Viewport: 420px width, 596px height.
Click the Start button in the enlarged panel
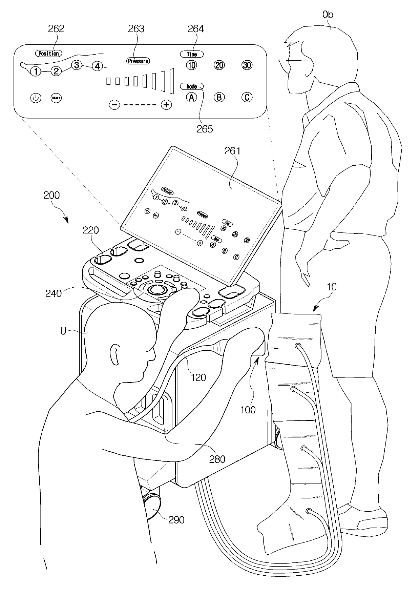[56, 98]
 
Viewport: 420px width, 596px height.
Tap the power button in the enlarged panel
[36, 98]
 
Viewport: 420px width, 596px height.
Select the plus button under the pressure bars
[166, 105]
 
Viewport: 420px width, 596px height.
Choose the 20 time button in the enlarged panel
[219, 65]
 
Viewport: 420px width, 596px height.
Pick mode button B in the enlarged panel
[219, 98]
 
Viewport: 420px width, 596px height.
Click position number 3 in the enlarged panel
[77, 65]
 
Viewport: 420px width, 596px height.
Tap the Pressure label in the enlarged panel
[138, 61]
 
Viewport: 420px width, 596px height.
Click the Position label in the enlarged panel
[49, 53]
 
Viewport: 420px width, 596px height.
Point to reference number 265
[205, 129]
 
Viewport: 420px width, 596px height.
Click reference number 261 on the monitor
[232, 151]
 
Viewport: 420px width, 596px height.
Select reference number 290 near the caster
[176, 519]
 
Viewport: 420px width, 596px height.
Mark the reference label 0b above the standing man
[328, 15]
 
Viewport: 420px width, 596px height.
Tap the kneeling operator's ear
[114, 354]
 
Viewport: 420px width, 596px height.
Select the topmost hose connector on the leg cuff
[298, 346]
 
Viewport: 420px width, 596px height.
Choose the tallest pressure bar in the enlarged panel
[172, 81]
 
